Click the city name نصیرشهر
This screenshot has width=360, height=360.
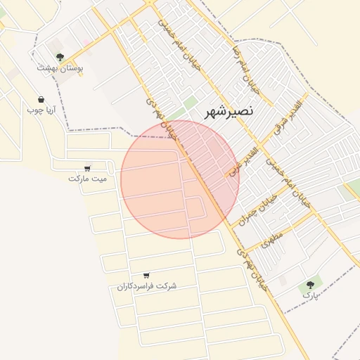230,111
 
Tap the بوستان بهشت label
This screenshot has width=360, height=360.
60,68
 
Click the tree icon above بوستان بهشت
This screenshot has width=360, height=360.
60,56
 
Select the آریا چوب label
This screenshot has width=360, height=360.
41,110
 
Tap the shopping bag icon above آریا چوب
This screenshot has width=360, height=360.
41,99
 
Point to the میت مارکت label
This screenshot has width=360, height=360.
88,179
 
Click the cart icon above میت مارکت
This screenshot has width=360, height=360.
87,168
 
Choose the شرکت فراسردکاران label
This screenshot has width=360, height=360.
147,286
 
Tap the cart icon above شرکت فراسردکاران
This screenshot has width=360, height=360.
146,276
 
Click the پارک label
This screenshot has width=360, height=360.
310,295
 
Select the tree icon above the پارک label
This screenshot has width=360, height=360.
310,284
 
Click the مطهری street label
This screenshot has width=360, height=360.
271,234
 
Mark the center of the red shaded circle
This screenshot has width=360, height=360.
180,179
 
